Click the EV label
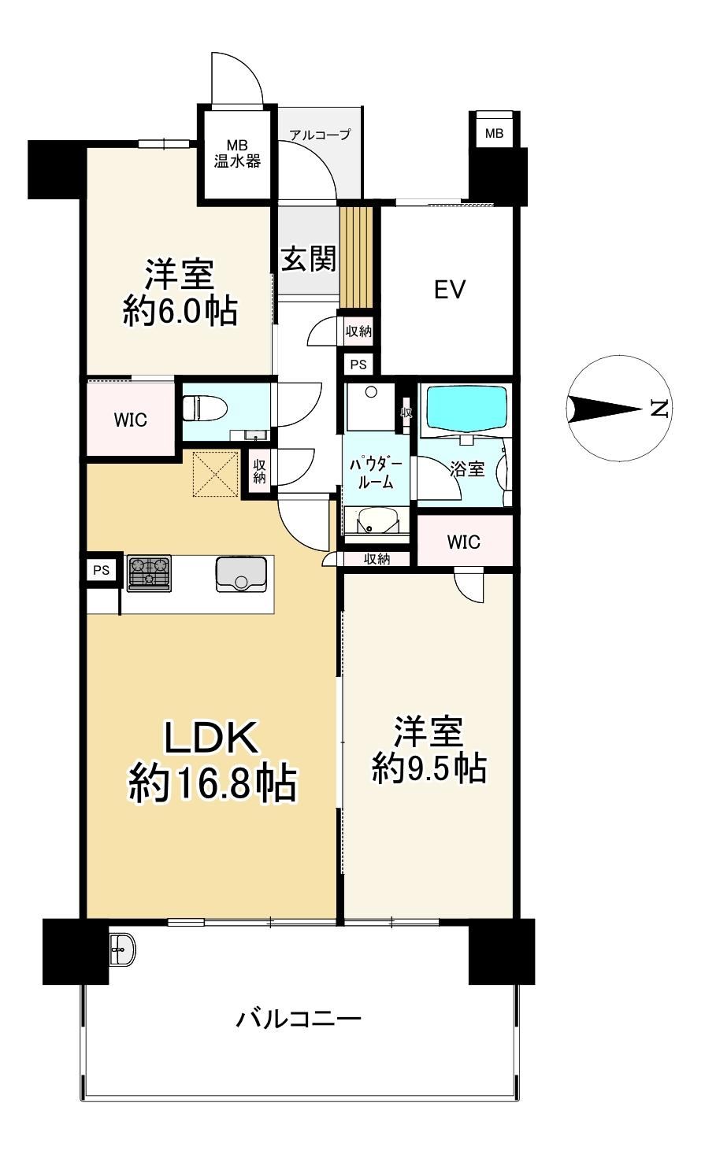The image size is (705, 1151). tap(450, 289)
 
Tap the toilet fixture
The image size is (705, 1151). tap(205, 410)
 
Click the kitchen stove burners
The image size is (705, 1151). tap(149, 573)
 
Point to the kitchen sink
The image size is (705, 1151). tap(241, 574)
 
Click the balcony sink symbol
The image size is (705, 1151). tap(122, 949)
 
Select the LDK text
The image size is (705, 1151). tap(211, 738)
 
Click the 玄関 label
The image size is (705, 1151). tap(309, 258)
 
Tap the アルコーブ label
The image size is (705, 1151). tap(320, 135)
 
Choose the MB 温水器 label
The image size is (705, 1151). tap(237, 154)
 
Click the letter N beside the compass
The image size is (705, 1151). tap(660, 409)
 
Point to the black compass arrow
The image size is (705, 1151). tap(604, 409)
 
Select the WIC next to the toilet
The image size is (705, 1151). tap(131, 420)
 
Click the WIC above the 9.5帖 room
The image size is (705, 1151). tap(464, 542)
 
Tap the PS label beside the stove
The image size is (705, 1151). tap(102, 570)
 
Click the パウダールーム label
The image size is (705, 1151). tap(376, 472)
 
